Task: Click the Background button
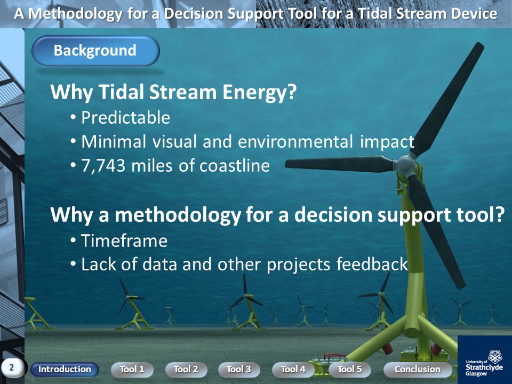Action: (95, 51)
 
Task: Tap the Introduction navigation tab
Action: (65, 369)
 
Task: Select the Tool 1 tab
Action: (132, 369)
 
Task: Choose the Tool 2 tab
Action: (186, 369)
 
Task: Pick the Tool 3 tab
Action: (239, 369)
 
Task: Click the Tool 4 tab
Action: (293, 369)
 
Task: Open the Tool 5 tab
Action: (350, 369)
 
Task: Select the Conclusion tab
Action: (418, 369)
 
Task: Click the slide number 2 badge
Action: (12, 367)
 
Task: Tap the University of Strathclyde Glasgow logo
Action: (485, 359)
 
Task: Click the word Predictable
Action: (125, 117)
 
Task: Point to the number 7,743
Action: (103, 165)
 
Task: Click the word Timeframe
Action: (124, 241)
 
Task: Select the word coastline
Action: (235, 165)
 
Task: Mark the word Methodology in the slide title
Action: (75, 14)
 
